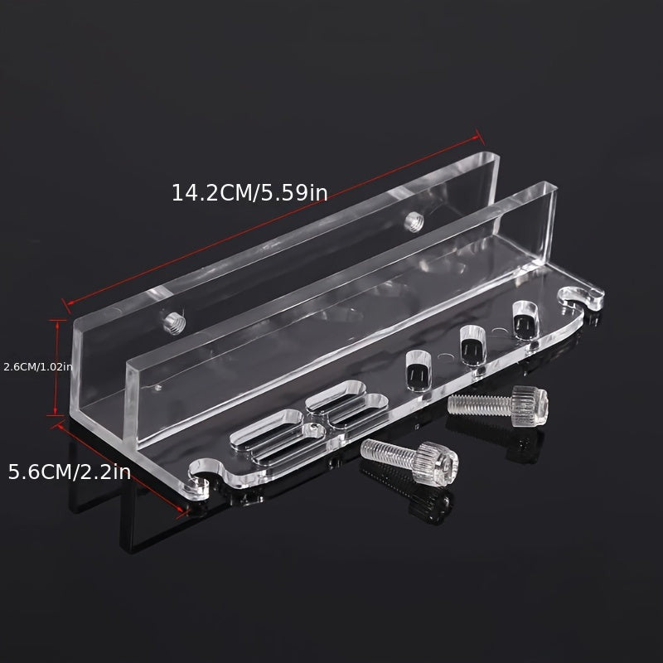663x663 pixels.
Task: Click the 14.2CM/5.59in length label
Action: [x=249, y=193]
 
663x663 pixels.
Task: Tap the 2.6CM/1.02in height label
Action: [x=38, y=366]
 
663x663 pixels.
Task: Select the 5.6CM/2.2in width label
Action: [x=70, y=472]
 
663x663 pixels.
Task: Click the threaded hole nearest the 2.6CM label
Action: [x=175, y=323]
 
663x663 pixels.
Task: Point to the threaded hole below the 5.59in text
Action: [x=414, y=222]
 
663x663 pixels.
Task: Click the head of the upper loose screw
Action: [x=530, y=406]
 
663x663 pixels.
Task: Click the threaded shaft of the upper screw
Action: [x=480, y=405]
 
